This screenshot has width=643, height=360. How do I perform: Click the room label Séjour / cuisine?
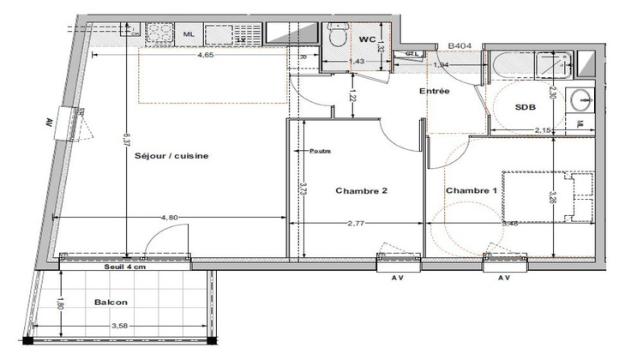[172, 157]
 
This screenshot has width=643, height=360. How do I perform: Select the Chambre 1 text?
[472, 190]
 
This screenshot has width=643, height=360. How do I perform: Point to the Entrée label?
[435, 90]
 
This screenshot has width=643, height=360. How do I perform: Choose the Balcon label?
[112, 303]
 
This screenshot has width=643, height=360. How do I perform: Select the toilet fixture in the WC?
[336, 37]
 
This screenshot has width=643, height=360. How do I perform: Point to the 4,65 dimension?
[206, 55]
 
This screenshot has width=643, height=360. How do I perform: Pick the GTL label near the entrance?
[412, 53]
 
